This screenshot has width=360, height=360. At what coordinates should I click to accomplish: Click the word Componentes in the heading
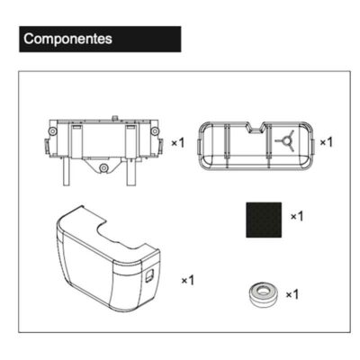pyautogui.click(x=68, y=40)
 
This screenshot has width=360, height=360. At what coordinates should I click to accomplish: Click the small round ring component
pyautogui.click(x=261, y=294)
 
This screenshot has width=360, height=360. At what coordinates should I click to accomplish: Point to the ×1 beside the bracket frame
pyautogui.click(x=177, y=144)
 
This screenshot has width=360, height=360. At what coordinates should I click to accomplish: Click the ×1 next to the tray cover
pyautogui.click(x=327, y=142)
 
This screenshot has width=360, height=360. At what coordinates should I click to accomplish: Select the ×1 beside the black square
pyautogui.click(x=297, y=217)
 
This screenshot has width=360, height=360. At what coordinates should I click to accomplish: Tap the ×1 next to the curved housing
pyautogui.click(x=188, y=281)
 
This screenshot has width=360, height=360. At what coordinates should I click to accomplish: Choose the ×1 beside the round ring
pyautogui.click(x=292, y=294)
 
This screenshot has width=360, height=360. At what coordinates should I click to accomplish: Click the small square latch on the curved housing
pyautogui.click(x=148, y=281)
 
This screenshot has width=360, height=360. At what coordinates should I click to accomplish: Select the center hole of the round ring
pyautogui.click(x=261, y=292)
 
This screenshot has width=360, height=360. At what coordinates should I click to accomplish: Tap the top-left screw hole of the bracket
pyautogui.click(x=56, y=131)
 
